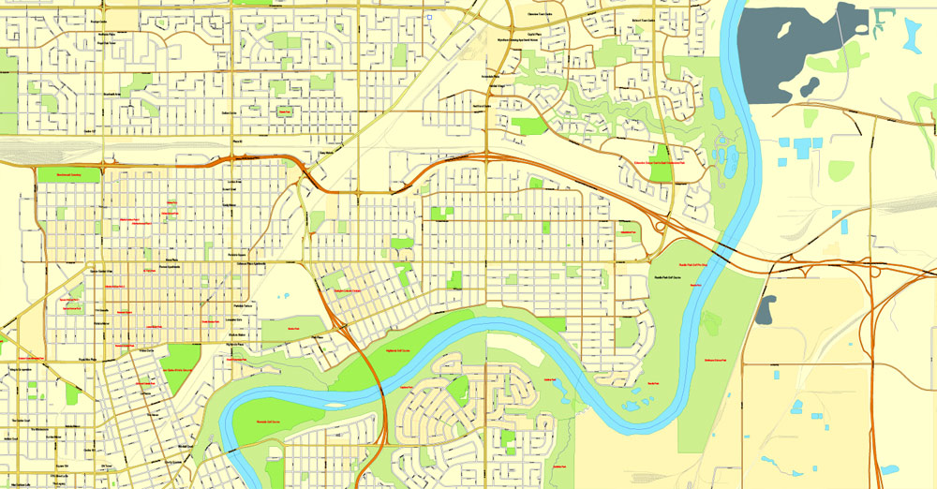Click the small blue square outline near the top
429,16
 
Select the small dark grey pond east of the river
766,309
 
